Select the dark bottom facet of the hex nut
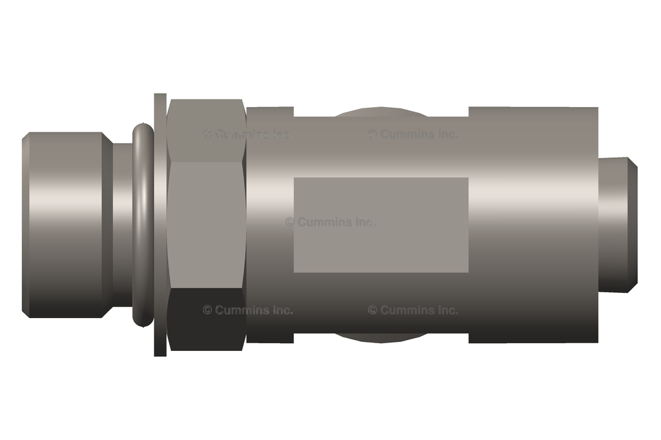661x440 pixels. coord(206,319)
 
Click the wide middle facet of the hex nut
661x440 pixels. coord(206,223)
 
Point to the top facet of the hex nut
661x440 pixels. coord(206,129)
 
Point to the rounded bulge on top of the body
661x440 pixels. coord(381,112)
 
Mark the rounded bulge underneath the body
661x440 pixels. coord(381,337)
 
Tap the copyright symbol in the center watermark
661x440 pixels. coord(290,222)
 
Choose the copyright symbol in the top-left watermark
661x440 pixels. coord(207,134)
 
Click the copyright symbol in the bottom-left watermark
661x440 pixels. coord(207,310)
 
